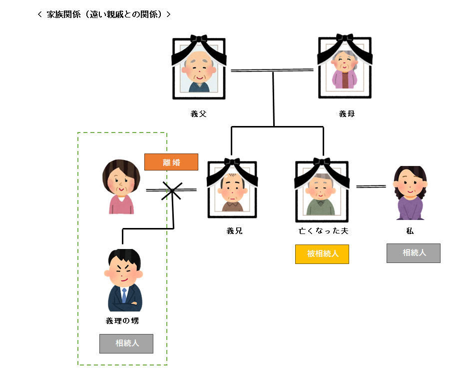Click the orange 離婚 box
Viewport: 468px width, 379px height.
[x=171, y=162]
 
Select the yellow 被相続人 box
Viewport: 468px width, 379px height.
[x=322, y=254]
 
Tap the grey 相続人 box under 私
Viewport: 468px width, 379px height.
[x=413, y=253]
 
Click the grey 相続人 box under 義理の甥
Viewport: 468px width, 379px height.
[x=126, y=343]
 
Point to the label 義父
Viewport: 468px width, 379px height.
[x=198, y=114]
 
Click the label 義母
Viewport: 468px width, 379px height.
[x=347, y=114]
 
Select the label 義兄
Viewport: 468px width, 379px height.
[x=234, y=231]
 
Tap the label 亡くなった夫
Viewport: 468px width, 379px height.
[x=323, y=231]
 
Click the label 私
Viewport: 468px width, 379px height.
[x=410, y=231]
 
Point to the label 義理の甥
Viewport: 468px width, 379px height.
[x=122, y=321]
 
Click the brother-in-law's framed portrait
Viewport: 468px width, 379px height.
[x=232, y=189]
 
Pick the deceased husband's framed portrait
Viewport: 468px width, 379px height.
[x=321, y=190]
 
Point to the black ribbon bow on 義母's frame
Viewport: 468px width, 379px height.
[x=345, y=38]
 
